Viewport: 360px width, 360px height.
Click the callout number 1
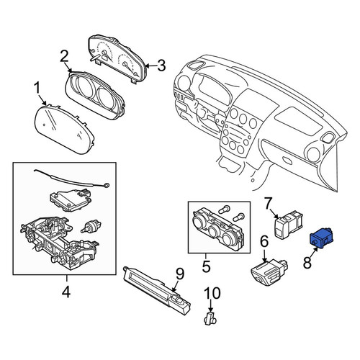tap(37, 89)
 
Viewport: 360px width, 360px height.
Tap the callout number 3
tap(161, 66)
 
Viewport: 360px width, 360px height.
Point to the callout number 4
tap(66, 292)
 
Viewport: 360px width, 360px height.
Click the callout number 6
tap(264, 242)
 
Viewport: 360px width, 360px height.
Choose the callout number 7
tap(269, 203)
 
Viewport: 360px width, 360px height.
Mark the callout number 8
tap(307, 262)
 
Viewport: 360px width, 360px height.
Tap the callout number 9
tap(180, 274)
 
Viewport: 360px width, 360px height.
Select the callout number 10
tap(212, 293)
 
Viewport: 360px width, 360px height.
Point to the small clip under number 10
tap(210, 319)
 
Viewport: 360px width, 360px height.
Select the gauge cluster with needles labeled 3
tap(117, 59)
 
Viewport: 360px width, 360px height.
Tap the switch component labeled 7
tap(288, 225)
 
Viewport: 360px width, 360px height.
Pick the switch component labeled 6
tap(269, 273)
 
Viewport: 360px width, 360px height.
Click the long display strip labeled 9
tap(157, 292)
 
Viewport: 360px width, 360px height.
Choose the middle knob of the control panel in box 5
tap(214, 231)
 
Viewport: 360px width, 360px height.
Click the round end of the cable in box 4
tap(107, 185)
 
